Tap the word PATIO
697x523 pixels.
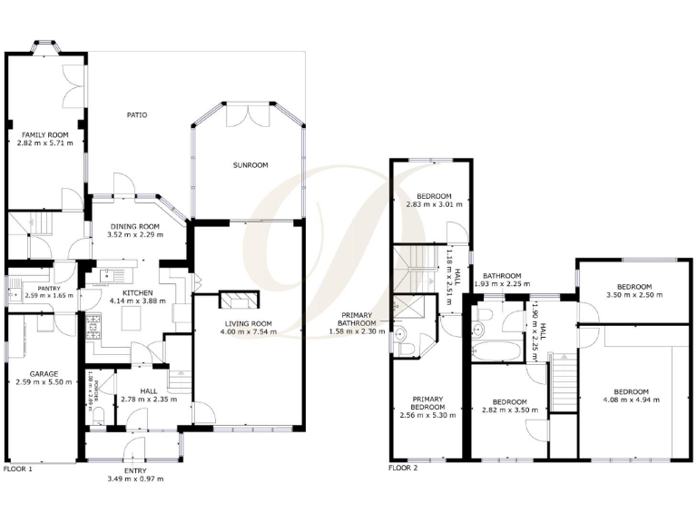click(x=136, y=115)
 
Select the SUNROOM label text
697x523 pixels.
click(x=248, y=166)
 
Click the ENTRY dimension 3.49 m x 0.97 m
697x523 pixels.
click(x=134, y=479)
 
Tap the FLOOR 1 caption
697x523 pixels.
click(x=18, y=469)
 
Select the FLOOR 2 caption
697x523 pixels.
click(x=403, y=469)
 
